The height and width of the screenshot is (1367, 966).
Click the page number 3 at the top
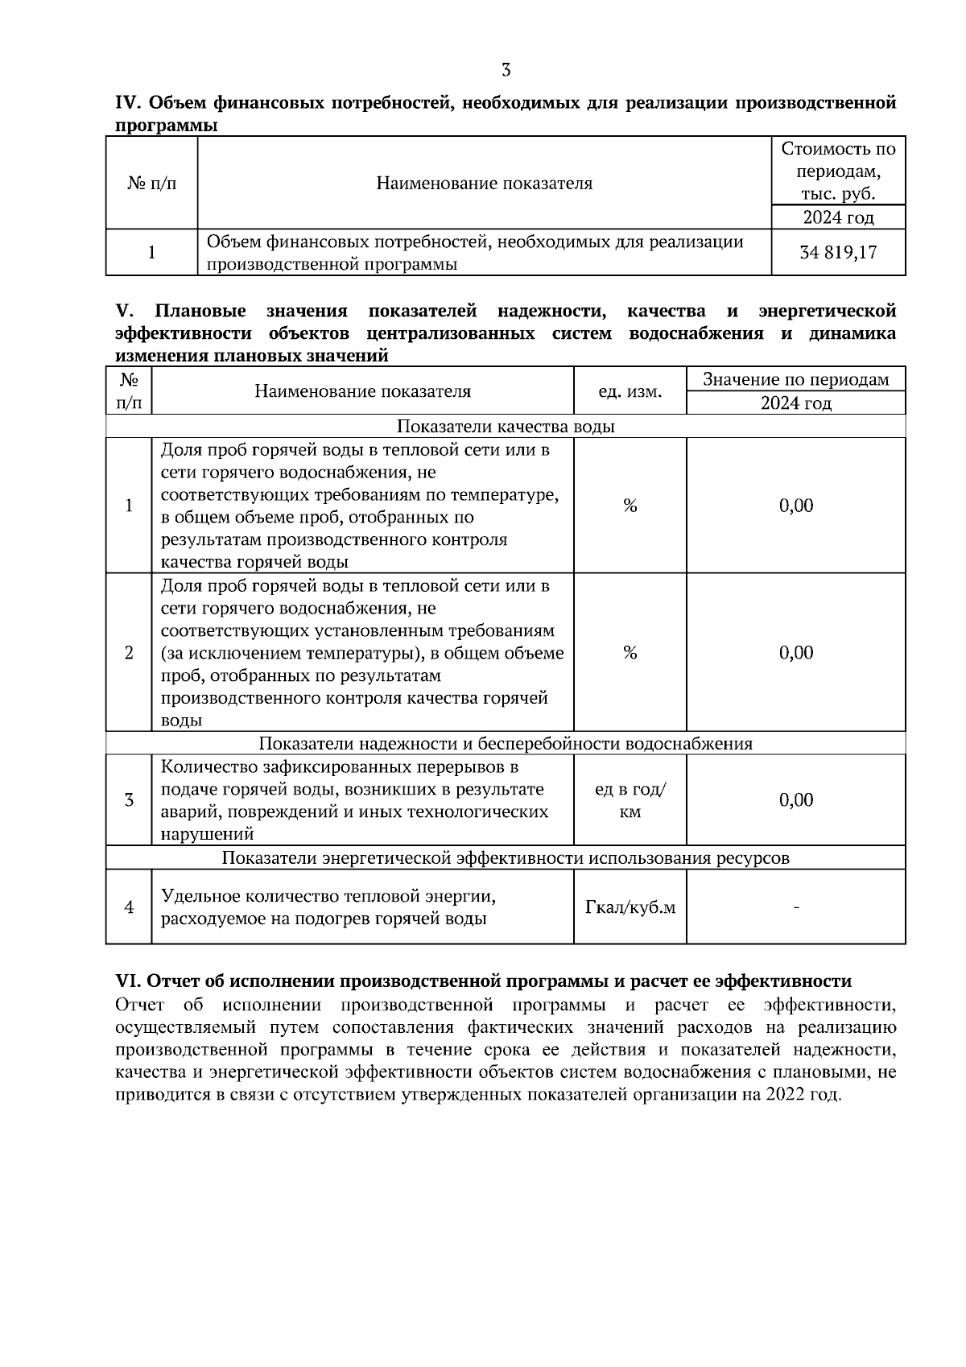coord(506,70)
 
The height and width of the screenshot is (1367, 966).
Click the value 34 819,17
coord(838,253)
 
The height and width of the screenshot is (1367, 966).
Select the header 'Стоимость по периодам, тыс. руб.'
coord(838,171)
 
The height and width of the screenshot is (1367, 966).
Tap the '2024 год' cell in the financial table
coord(838,217)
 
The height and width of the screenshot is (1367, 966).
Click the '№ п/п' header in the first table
coord(151,184)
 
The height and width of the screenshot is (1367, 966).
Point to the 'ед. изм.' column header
coord(630,391)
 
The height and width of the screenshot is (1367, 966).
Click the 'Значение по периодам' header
coord(795,379)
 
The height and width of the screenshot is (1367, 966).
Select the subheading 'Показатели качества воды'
coord(506,426)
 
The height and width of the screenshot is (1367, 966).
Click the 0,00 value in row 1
coord(795,506)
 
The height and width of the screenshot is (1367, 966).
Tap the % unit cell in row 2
coord(630,652)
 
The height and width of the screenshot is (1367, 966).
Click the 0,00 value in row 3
coord(795,799)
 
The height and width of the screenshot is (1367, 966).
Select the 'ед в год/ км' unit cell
coord(630,800)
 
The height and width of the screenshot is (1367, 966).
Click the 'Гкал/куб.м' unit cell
coord(630,907)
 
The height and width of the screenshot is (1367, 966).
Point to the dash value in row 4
coord(795,907)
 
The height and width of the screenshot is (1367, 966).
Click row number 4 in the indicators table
coord(129,907)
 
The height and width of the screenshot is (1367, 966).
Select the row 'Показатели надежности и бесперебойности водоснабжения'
coord(506,743)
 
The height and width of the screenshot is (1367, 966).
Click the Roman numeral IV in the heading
coord(128,103)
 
